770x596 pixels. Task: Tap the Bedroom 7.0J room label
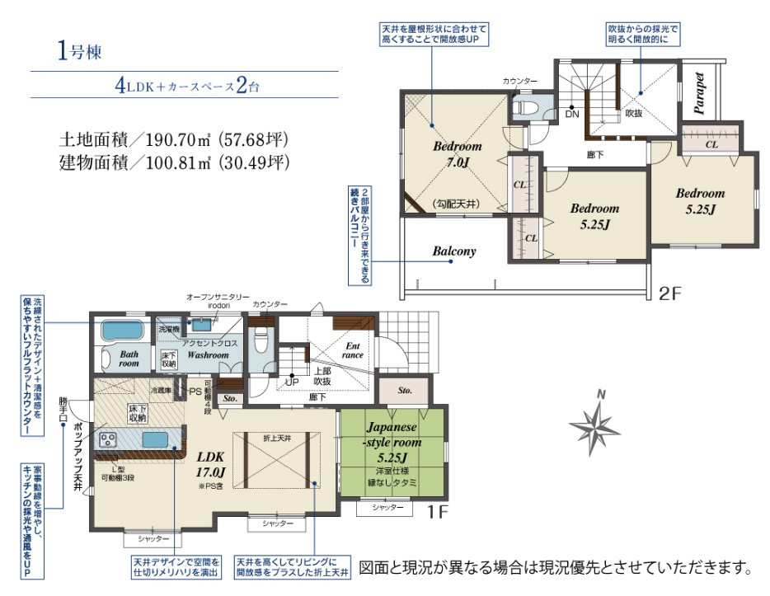click(457, 154)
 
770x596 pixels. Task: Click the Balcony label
click(454, 251)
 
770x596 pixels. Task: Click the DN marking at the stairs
click(573, 115)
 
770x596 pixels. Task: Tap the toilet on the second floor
click(525, 108)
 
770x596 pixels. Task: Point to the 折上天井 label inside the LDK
click(278, 437)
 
